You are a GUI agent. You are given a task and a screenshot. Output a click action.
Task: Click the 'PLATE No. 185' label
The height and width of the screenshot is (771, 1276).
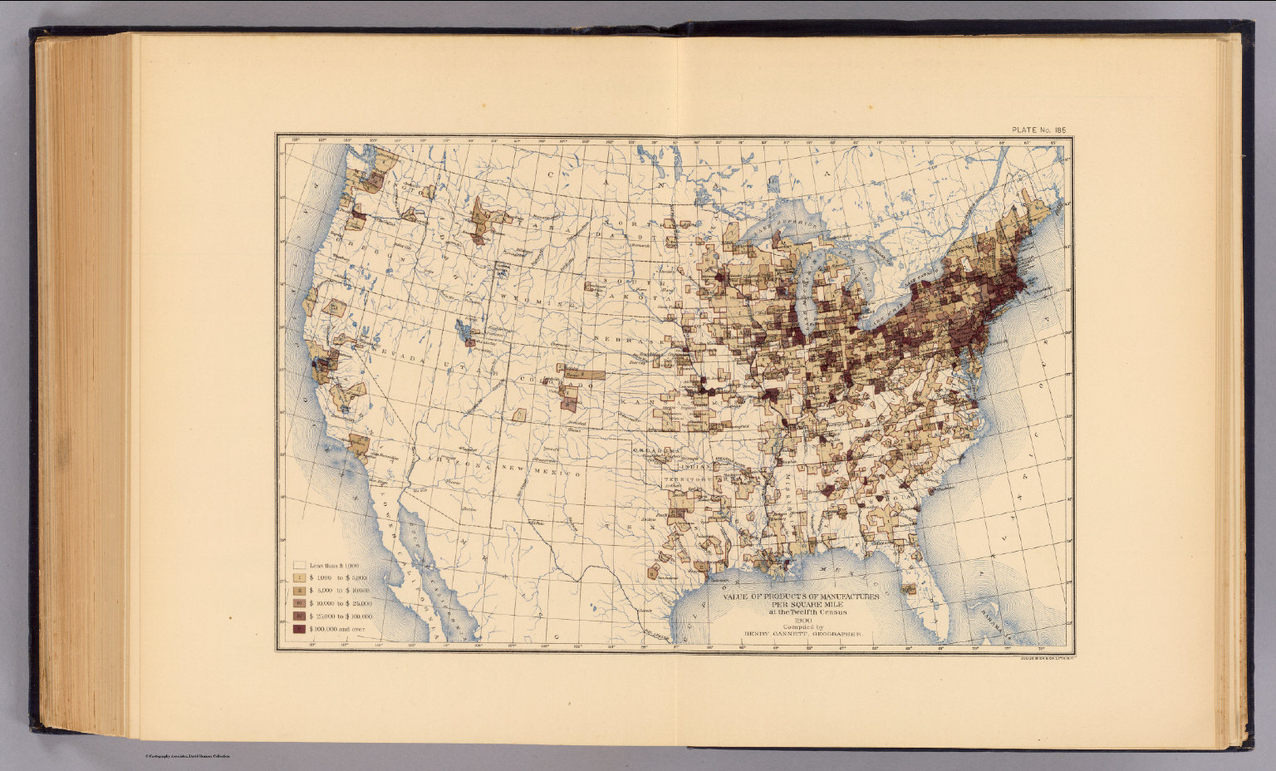tap(1038, 130)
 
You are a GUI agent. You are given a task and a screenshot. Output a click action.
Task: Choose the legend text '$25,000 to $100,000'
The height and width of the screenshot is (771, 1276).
tap(341, 616)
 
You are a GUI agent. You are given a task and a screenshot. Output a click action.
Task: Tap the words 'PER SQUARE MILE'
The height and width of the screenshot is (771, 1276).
tap(802, 604)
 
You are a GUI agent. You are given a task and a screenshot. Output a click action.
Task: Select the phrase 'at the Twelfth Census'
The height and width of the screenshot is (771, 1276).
tap(802, 612)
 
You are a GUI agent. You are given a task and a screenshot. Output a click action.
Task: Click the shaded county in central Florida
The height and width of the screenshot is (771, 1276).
tap(909, 589)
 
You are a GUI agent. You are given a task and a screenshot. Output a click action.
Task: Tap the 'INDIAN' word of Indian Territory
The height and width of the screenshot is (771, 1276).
tap(682, 466)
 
